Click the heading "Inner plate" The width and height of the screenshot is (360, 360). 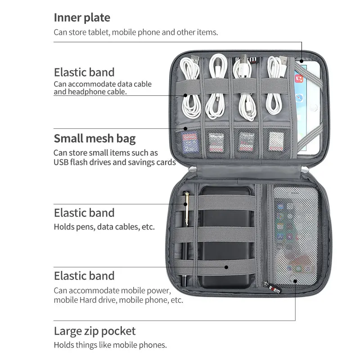click(82, 18)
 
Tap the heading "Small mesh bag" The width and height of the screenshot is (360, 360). click(94, 138)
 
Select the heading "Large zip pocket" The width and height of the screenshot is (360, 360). click(94, 332)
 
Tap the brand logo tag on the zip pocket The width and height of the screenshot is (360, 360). click(274, 287)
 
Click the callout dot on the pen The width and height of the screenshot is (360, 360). click(186, 204)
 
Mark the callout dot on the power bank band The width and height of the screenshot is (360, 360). click(226, 267)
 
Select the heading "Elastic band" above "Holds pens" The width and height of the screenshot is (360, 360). click(84, 212)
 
